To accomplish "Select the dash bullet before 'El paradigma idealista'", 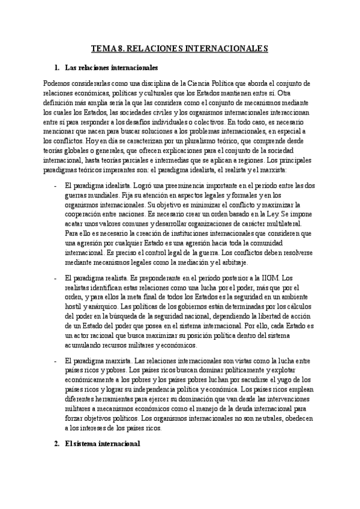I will tap(55, 170).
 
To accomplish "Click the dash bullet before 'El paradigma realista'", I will tap(55, 278).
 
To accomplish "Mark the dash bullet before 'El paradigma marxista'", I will tap(55, 361).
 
